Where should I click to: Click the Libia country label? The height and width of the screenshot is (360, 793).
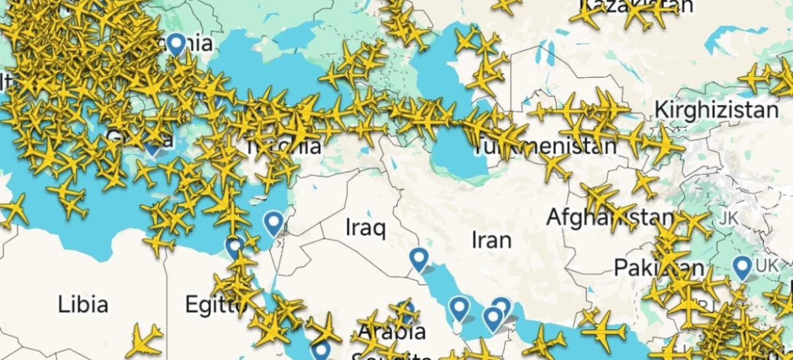(83, 305)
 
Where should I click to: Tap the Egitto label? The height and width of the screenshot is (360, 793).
(210, 305)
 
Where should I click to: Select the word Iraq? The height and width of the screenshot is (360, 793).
(365, 228)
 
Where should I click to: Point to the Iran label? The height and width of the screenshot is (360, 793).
(491, 239)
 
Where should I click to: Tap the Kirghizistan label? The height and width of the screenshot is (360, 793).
(716, 110)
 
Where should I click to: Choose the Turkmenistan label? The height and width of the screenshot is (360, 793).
(545, 145)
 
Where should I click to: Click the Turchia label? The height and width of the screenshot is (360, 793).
(283, 145)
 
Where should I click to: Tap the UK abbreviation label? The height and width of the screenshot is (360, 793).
(767, 266)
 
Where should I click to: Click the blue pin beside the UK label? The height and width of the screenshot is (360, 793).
(743, 267)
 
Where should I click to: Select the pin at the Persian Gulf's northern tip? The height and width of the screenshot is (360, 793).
(418, 258)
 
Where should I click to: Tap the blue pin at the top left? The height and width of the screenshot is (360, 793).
(176, 44)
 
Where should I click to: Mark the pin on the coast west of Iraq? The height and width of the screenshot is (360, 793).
(273, 223)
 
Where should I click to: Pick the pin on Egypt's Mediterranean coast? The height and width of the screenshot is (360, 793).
(233, 247)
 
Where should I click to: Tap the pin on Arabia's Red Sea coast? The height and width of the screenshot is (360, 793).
(321, 349)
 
